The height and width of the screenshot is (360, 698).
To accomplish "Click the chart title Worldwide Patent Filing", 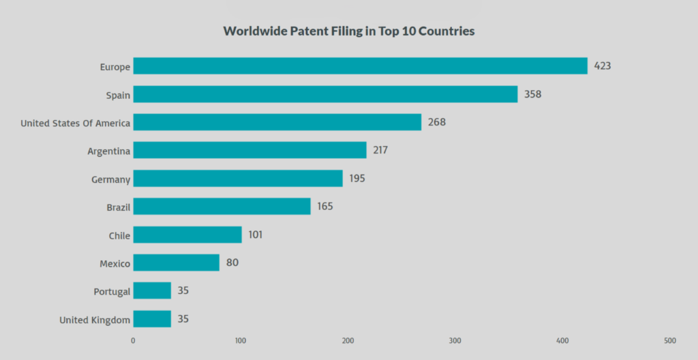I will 349,31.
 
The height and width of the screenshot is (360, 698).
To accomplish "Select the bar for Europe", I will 360,66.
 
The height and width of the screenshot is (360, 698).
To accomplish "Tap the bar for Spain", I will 325,94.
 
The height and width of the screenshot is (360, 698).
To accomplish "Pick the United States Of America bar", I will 277,122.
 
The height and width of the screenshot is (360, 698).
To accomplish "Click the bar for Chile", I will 187,235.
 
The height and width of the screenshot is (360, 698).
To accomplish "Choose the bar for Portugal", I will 152,291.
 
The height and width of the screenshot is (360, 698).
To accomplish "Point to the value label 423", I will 602,66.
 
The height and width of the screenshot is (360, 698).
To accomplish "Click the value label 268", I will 436,122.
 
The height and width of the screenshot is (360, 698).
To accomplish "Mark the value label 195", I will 357,179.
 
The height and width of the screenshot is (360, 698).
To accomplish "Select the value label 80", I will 232,262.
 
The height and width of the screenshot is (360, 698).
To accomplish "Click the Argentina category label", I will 108,151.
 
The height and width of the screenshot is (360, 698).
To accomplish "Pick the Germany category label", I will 110,179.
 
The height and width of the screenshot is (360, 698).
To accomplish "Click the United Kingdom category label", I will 95,320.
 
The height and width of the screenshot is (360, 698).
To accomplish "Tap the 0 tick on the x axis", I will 133,341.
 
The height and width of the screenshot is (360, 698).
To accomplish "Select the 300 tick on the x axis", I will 455,341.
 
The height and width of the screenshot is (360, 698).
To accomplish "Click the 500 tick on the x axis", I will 670,341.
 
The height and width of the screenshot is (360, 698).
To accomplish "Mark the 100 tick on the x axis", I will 240,341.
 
